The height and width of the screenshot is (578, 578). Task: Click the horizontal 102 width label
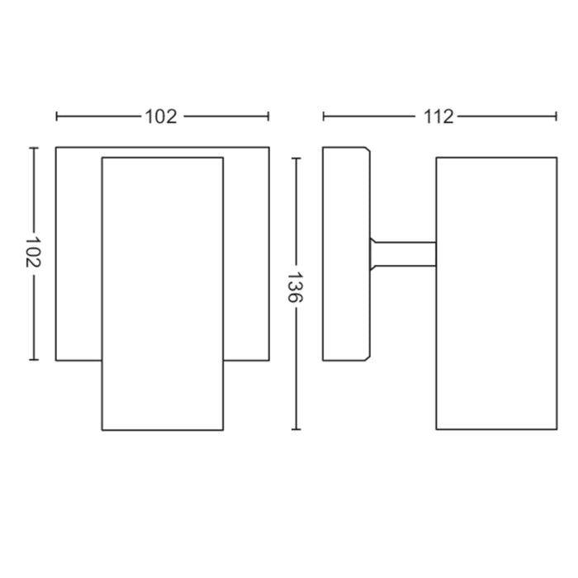coord(162,116)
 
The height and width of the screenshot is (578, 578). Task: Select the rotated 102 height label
coord(33,253)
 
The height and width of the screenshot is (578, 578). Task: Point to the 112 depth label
coord(439,116)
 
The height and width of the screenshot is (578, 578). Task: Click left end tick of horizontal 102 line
coord(56,116)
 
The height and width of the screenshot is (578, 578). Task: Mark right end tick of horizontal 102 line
coord(268,116)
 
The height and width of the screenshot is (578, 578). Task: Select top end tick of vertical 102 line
coord(33,148)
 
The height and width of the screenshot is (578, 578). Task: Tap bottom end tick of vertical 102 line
coord(33,360)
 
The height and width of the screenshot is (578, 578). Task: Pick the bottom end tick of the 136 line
coord(295,430)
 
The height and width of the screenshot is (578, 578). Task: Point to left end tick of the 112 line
coord(324,116)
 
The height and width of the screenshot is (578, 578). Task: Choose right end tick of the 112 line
coord(557,116)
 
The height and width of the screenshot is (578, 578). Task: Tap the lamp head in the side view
coord(496,293)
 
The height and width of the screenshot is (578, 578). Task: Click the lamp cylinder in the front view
coord(162,293)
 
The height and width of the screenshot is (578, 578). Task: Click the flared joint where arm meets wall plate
coord(373,253)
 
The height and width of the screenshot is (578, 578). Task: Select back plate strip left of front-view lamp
coord(78,253)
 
